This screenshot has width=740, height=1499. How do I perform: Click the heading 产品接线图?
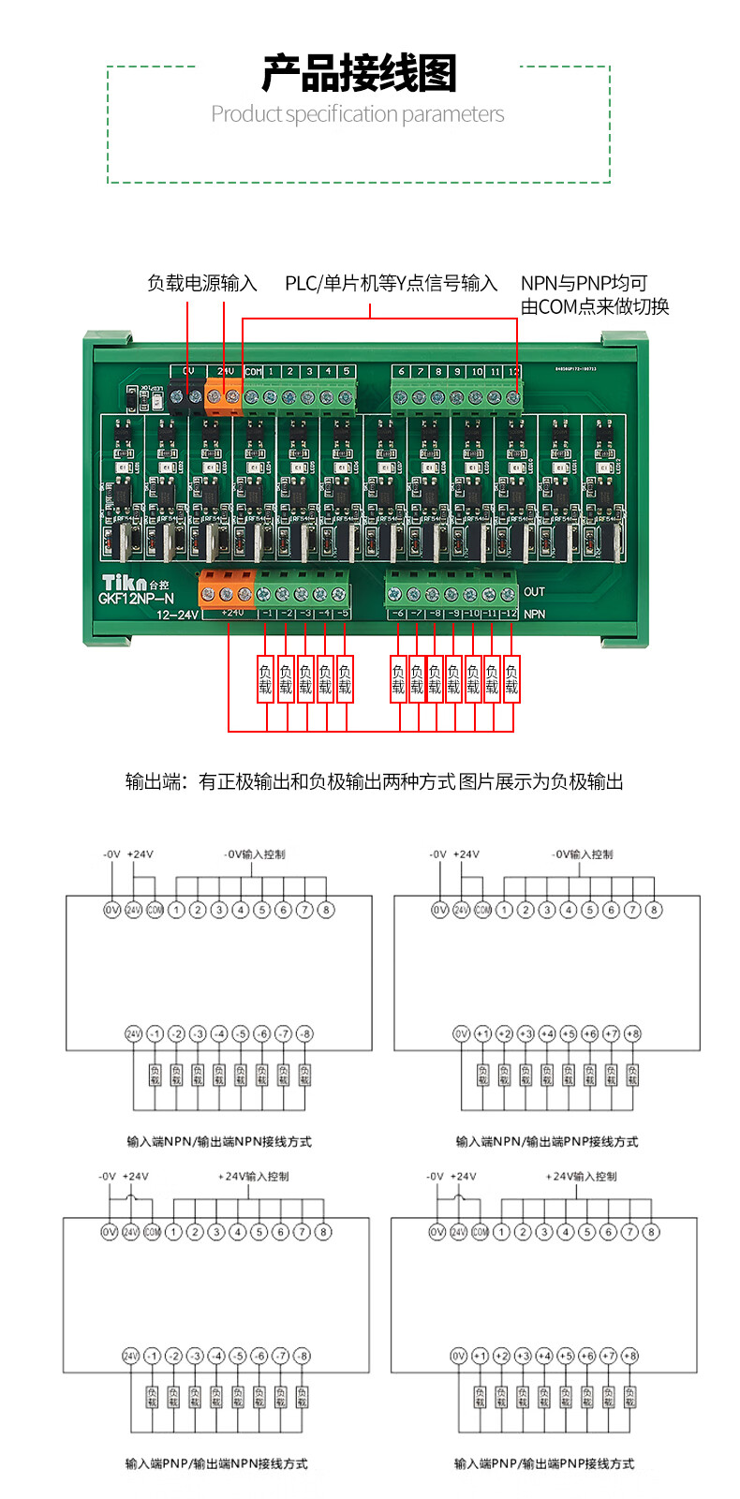[359, 73]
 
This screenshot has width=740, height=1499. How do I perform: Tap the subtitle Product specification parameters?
[357, 114]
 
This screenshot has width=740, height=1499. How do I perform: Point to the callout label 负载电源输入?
[201, 283]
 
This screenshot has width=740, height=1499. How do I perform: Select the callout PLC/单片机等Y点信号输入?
[391, 283]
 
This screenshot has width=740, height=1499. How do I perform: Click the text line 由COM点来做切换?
[595, 306]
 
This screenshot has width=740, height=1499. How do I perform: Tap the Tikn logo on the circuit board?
[125, 582]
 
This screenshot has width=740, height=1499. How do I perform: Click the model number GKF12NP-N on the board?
[136, 599]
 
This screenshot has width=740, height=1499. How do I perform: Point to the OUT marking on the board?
[534, 591]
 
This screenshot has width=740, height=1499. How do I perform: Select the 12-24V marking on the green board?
[177, 616]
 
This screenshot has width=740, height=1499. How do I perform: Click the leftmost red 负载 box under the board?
[265, 679]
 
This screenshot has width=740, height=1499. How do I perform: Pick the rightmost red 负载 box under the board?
[511, 679]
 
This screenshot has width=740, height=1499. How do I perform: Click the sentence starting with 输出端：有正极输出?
[374, 781]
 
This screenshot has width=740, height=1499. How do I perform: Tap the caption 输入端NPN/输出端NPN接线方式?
[219, 1141]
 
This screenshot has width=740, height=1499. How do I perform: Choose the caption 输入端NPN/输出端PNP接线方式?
[547, 1141]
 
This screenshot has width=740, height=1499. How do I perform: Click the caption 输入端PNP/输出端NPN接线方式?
[216, 1463]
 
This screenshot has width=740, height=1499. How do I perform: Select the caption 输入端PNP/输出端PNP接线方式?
[544, 1463]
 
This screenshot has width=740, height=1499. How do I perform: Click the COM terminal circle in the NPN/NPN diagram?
[155, 910]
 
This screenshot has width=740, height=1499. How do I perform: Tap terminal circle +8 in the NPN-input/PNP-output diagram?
[632, 1033]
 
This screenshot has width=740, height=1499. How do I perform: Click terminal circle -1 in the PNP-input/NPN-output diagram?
[152, 1356]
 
